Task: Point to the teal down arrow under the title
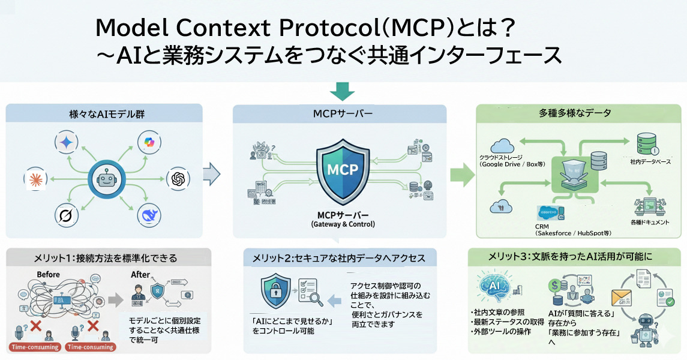pyautogui.click(x=343, y=91)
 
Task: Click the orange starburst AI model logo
pyautogui.click(x=34, y=178)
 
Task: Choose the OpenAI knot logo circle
pyautogui.click(x=178, y=178)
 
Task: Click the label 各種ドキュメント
pyautogui.click(x=650, y=222)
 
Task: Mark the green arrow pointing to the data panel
pyautogui.click(x=461, y=175)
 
